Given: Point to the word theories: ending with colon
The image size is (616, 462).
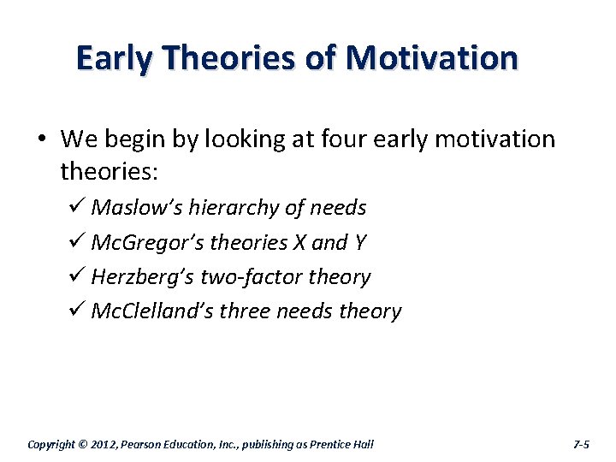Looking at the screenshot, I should click(x=109, y=172).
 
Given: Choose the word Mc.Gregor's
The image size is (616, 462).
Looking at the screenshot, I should click(x=147, y=243).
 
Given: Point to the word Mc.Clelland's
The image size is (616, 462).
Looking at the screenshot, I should click(x=151, y=311).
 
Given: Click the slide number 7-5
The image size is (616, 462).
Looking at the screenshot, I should click(x=580, y=444).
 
